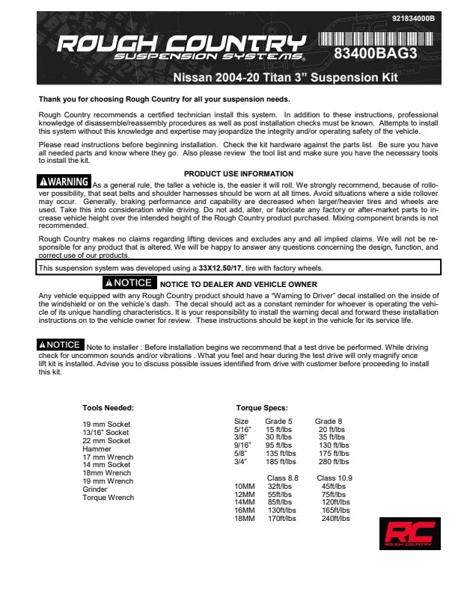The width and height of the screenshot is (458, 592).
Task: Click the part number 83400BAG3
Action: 375,55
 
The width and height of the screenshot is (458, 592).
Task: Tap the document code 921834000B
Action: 417,17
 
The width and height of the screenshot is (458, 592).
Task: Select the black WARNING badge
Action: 64,182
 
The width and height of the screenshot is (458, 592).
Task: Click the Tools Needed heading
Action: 108,407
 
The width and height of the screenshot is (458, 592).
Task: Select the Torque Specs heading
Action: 260,407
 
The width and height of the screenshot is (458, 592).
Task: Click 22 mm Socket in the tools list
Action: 106,441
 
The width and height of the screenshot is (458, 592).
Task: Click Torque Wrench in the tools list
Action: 108,498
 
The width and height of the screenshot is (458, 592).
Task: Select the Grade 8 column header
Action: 329,422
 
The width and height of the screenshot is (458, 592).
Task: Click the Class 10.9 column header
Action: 334,478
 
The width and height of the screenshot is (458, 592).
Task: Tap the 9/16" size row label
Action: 243,445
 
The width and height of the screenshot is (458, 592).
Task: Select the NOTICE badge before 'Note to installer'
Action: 60,345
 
